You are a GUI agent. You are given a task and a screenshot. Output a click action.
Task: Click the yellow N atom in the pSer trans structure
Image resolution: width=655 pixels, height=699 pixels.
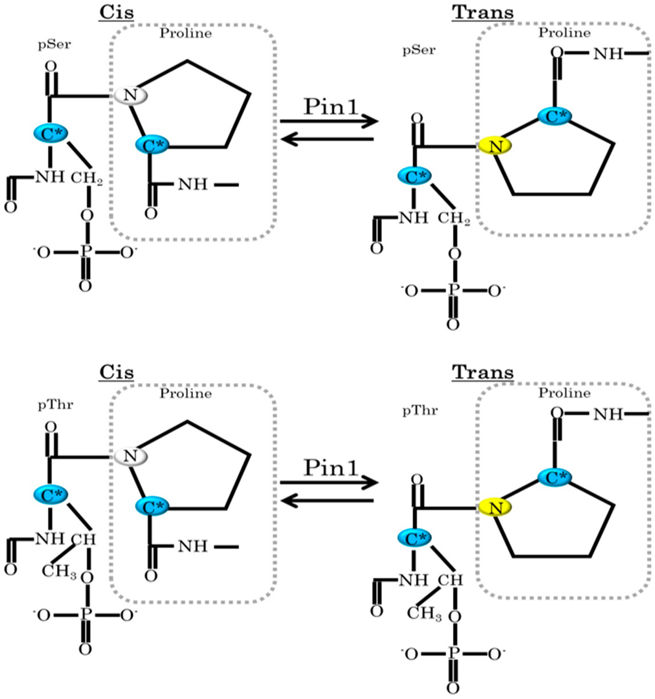point(495,146)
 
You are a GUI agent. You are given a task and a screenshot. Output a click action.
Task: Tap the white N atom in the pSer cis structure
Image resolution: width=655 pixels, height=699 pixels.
point(130,95)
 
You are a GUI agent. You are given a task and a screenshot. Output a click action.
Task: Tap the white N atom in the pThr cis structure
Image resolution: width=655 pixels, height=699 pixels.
point(130,456)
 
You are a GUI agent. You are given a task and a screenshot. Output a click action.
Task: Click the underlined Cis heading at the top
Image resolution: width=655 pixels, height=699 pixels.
point(116,13)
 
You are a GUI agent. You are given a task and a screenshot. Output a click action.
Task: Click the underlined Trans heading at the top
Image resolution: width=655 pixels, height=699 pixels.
point(483,13)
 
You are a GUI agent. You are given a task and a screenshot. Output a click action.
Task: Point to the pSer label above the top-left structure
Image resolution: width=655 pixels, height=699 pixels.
point(54,45)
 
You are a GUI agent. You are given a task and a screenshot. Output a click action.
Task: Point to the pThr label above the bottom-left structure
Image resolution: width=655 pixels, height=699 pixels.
point(55,405)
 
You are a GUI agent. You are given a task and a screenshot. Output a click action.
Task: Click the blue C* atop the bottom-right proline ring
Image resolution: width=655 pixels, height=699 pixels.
point(555,477)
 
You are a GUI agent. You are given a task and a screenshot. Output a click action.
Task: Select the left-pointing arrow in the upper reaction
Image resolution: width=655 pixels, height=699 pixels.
point(327,139)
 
